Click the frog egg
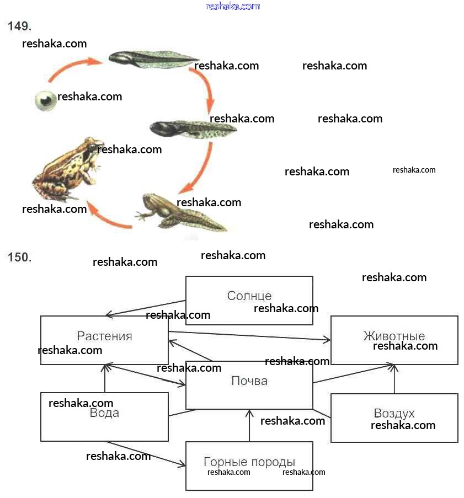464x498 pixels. [45, 100]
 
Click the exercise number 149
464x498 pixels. [19, 26]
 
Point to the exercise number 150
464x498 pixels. [19, 257]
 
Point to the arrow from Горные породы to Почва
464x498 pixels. [249, 425]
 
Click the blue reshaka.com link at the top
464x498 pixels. [232, 6]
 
